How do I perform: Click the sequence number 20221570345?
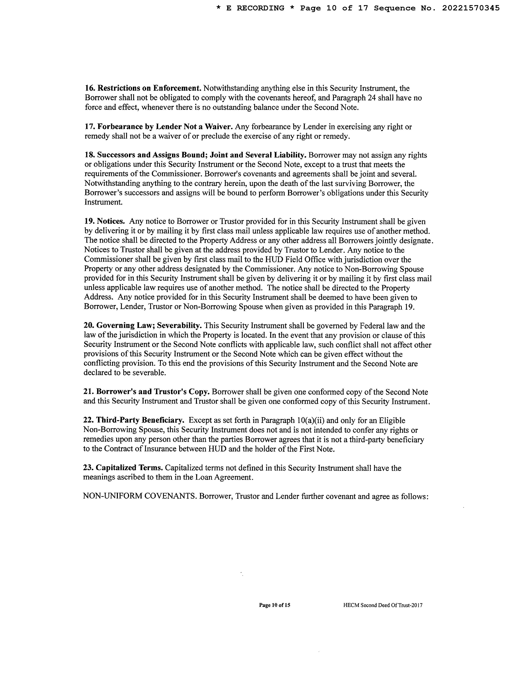click(471, 8)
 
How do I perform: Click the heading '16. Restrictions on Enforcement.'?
click(143, 88)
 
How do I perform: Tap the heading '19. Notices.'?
click(104, 222)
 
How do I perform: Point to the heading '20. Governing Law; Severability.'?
click(143, 326)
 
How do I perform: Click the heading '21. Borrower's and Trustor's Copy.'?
click(147, 392)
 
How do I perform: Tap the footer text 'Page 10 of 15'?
click(274, 605)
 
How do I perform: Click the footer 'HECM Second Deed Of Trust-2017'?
click(383, 605)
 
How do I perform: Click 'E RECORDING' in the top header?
click(255, 8)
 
